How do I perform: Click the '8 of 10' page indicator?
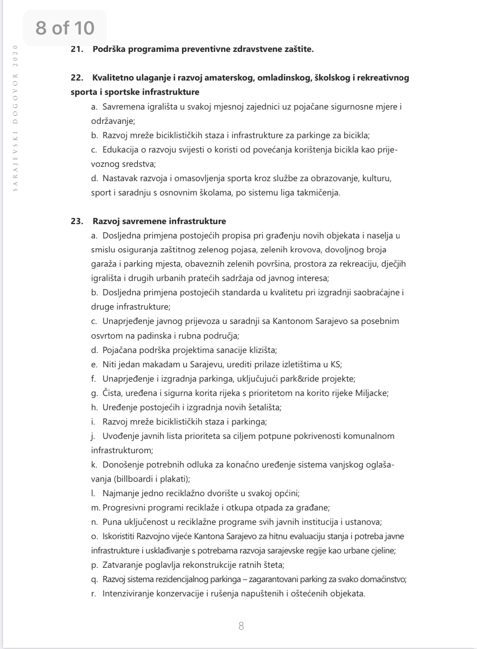tap(65, 28)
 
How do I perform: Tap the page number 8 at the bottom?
tap(241, 626)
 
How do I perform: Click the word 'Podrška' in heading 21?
tap(109, 50)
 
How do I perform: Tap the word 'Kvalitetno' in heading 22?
tap(113, 78)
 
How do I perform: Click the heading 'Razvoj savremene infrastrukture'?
tap(159, 221)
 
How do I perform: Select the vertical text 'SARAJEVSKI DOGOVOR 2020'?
tap(15, 118)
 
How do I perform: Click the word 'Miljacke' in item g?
tap(372, 393)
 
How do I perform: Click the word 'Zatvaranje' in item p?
tap(122, 565)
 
